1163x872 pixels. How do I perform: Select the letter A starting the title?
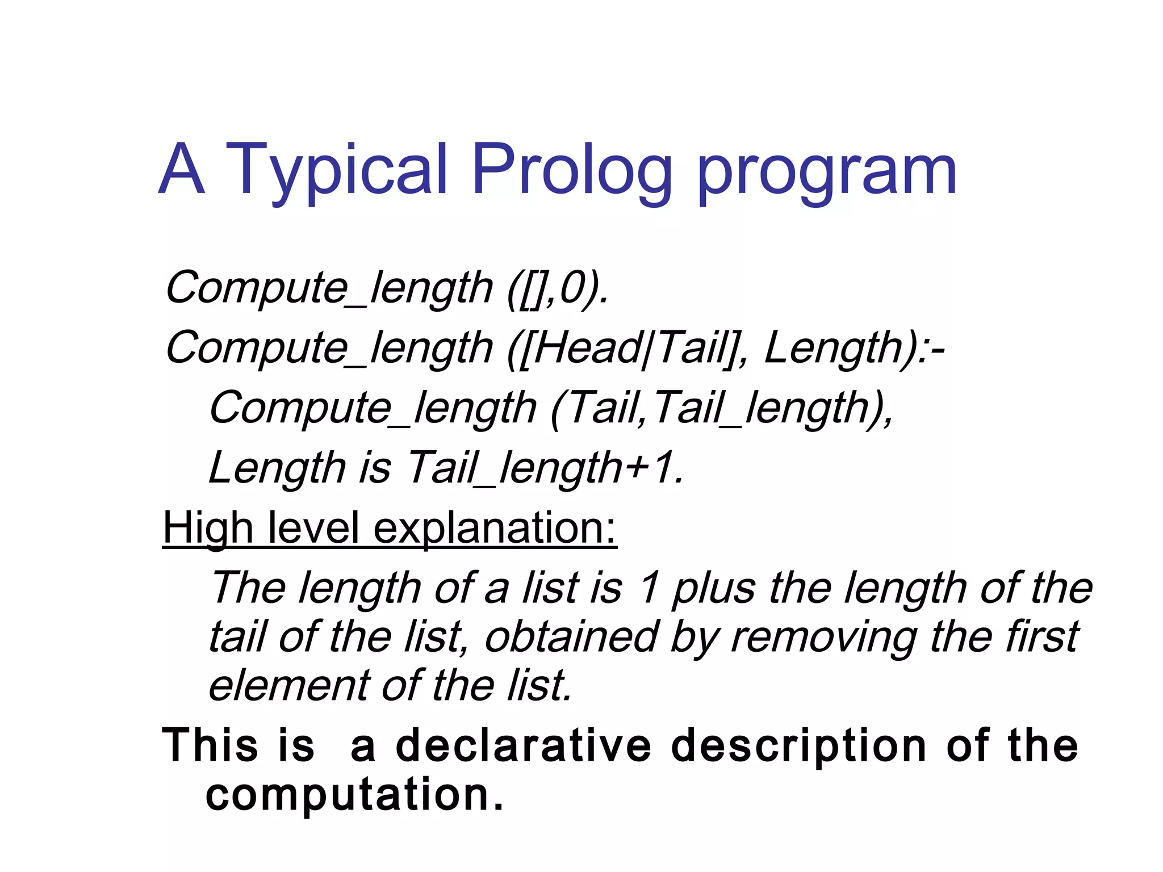point(181,169)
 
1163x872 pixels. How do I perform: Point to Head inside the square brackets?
point(587,348)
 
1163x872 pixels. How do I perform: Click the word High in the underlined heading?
point(208,529)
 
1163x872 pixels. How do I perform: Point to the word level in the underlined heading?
point(313,529)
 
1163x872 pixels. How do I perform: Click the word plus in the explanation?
point(713,589)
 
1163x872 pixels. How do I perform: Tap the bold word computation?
point(354,795)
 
